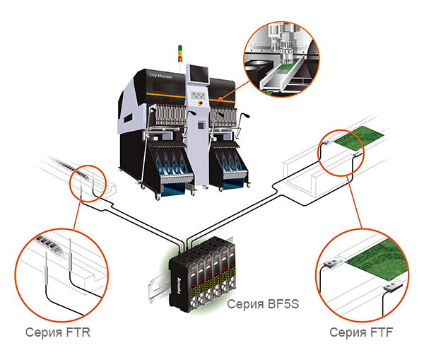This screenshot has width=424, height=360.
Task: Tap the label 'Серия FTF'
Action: click(360, 332)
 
